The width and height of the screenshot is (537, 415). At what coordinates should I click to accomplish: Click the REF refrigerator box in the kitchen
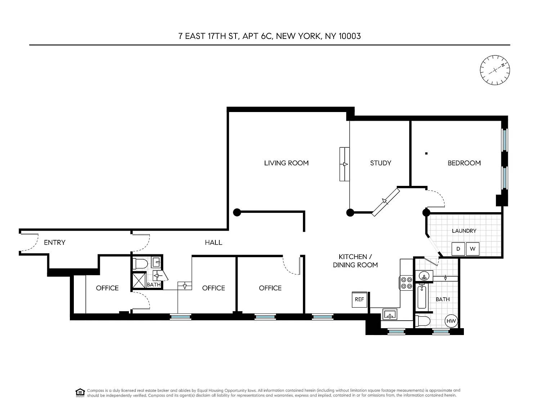coord(359,299)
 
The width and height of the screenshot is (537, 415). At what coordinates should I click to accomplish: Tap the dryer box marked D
coord(458,249)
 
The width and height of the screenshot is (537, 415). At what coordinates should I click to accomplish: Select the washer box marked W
coord(473,249)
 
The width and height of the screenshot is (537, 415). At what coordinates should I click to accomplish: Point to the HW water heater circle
coord(451,321)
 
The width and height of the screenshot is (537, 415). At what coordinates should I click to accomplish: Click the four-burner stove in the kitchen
coord(407,283)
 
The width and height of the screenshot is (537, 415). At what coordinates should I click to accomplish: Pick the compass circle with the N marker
coord(495,70)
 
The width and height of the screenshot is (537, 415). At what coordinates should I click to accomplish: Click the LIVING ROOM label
coord(286,163)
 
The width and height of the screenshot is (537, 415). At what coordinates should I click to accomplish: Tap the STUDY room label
coord(381,163)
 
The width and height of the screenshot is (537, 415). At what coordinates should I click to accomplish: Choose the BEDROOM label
coord(464,163)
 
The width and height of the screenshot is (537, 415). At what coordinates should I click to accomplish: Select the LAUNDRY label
coord(464,231)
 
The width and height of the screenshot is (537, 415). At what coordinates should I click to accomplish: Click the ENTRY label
coord(55,242)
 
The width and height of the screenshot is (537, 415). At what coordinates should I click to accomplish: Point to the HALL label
coord(214,242)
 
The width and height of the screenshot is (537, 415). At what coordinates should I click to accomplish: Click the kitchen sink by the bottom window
coord(390,314)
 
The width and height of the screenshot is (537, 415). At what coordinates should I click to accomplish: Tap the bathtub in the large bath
coord(422,296)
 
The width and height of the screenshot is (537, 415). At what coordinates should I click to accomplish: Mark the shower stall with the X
coord(139,280)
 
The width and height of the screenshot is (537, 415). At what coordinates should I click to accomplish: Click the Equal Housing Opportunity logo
coord(80,393)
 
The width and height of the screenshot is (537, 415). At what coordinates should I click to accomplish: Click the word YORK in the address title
coord(309,36)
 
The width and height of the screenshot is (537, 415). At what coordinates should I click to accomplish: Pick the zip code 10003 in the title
coord(350,36)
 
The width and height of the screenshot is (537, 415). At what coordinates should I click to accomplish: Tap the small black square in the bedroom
coord(426,153)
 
